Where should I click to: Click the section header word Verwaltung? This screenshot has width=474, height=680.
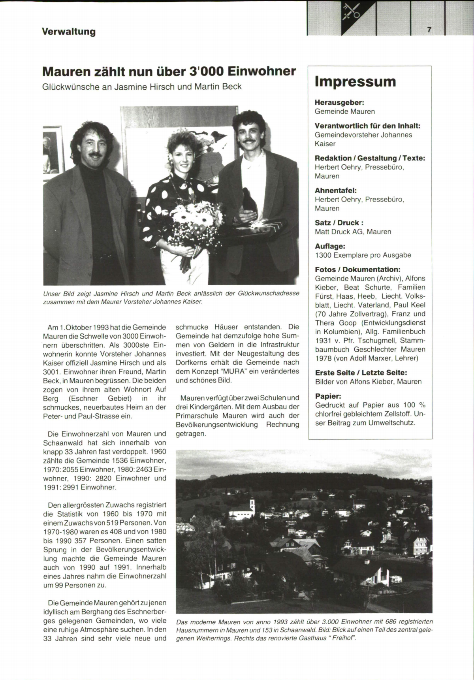pos(69,32)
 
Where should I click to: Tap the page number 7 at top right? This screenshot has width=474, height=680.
pos(429,30)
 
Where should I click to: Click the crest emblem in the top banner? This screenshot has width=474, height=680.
pos(351,12)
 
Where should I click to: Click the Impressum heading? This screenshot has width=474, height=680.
pos(355,81)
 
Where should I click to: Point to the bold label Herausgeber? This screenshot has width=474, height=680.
pos(339,102)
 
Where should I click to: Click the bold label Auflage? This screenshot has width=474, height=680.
pos(330,246)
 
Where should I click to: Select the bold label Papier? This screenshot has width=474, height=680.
pos(328,396)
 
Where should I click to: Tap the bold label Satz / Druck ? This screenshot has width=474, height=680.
pos(339,222)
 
